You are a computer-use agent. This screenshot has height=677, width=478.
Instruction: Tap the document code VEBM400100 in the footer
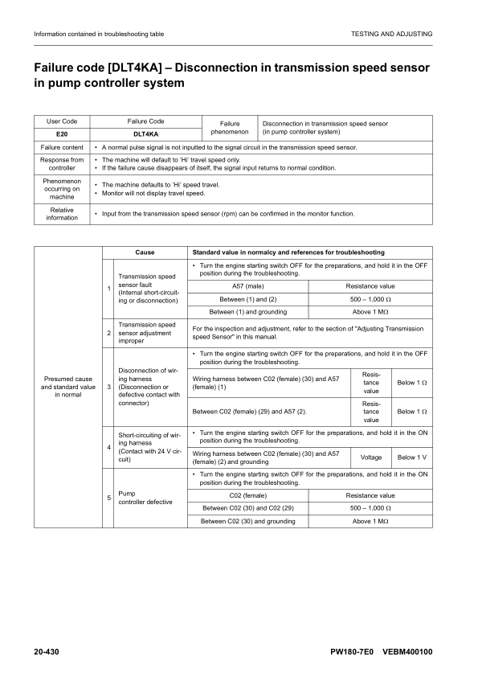407,650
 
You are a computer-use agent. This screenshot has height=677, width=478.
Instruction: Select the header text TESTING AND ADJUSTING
391,34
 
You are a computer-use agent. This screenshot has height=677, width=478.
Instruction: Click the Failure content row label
62,148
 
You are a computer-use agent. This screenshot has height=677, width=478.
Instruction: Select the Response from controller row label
62,164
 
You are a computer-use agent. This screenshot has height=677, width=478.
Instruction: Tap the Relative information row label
62,214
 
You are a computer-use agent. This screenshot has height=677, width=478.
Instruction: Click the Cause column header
145,252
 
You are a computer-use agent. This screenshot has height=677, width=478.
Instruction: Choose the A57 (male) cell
248,286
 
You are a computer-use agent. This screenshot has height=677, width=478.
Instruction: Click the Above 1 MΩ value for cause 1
370,312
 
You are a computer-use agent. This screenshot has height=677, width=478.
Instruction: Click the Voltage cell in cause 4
370,457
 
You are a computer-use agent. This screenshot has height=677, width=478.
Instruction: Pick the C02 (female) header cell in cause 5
248,495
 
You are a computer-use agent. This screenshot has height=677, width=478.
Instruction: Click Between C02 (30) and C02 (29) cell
248,508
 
